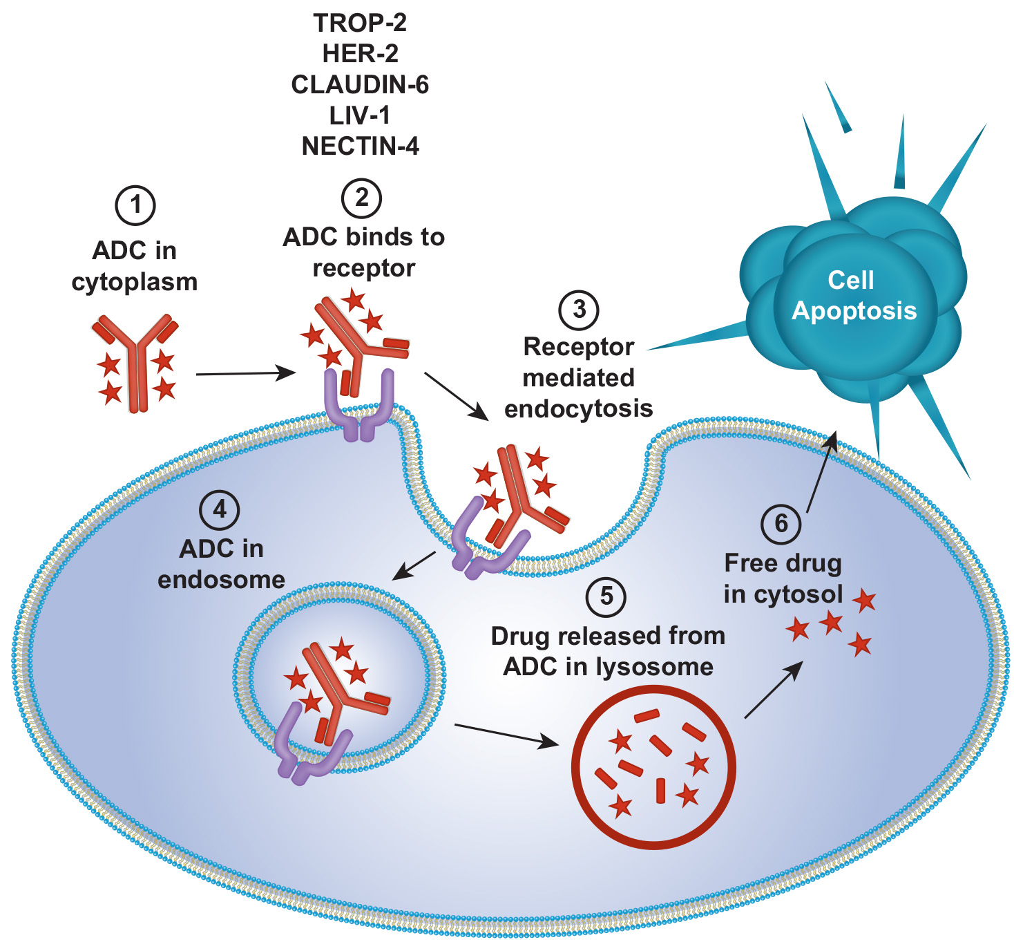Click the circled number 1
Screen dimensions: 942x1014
(135, 205)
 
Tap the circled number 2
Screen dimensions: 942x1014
(362, 198)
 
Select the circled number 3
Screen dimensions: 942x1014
(579, 309)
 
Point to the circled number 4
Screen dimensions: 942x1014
(220, 510)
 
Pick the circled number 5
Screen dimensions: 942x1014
(606, 596)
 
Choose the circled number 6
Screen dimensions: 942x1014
(781, 523)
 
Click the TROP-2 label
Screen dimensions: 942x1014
(360, 23)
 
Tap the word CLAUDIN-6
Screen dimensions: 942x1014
(360, 84)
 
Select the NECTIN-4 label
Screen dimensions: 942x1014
(360, 146)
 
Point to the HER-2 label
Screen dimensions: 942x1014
(360, 53)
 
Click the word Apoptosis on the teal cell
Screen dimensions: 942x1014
(854, 311)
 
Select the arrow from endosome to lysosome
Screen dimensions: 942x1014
(506, 735)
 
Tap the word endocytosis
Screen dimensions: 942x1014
(579, 408)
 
